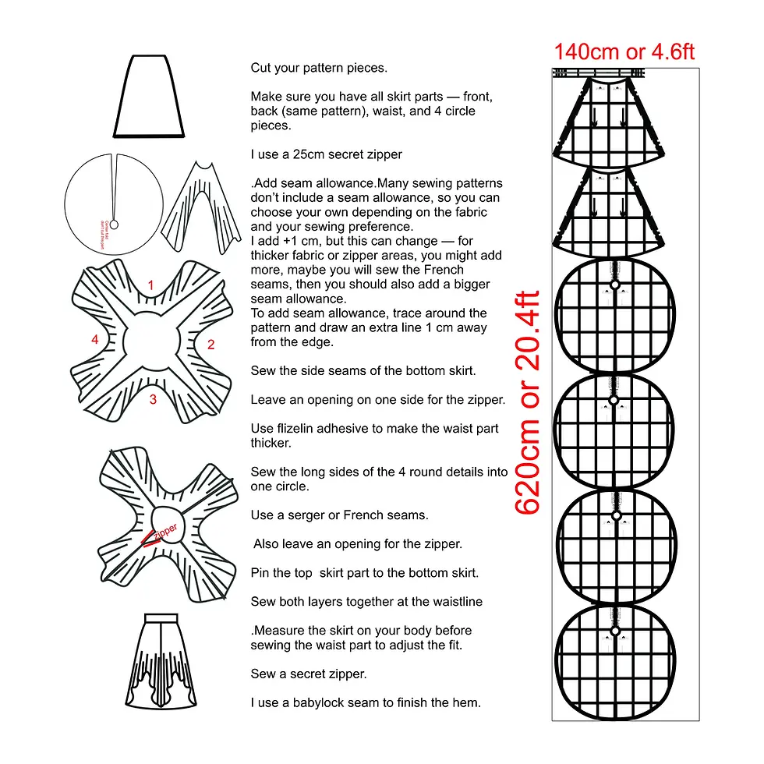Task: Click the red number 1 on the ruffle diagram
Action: [150, 285]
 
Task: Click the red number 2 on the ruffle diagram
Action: [210, 344]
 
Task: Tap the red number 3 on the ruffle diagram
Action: [153, 399]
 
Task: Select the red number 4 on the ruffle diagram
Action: [94, 340]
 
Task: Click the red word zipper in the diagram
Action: [165, 532]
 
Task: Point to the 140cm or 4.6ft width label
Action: [624, 52]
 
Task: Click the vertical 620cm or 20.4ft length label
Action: [528, 402]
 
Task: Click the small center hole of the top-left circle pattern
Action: [114, 225]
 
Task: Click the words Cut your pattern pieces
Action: [318, 68]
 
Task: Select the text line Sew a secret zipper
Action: [308, 674]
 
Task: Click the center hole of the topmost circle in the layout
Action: [614, 286]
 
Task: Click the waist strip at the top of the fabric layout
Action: [599, 73]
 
